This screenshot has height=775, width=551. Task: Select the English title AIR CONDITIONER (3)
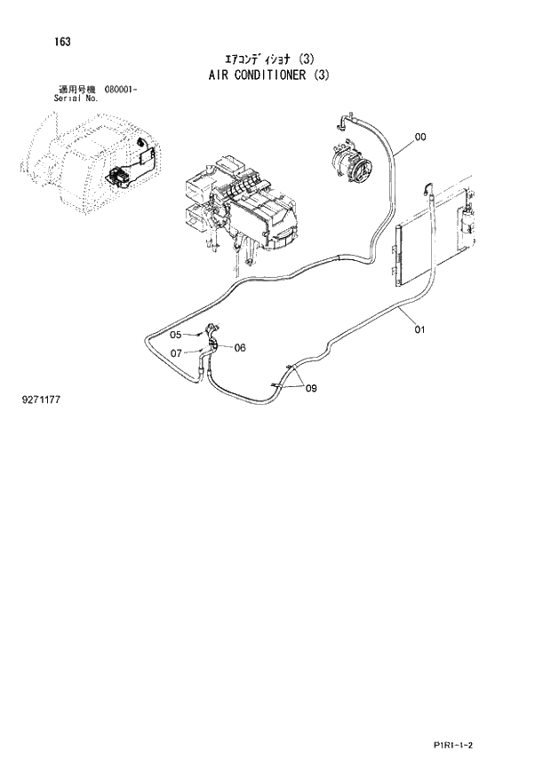click(x=265, y=75)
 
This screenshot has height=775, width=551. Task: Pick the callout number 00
click(x=420, y=137)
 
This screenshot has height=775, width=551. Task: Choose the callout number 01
click(x=419, y=330)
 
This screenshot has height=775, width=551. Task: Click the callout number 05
click(x=175, y=335)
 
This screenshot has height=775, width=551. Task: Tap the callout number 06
click(x=239, y=348)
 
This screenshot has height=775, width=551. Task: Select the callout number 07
click(x=176, y=352)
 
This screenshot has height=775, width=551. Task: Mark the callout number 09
click(x=310, y=388)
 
